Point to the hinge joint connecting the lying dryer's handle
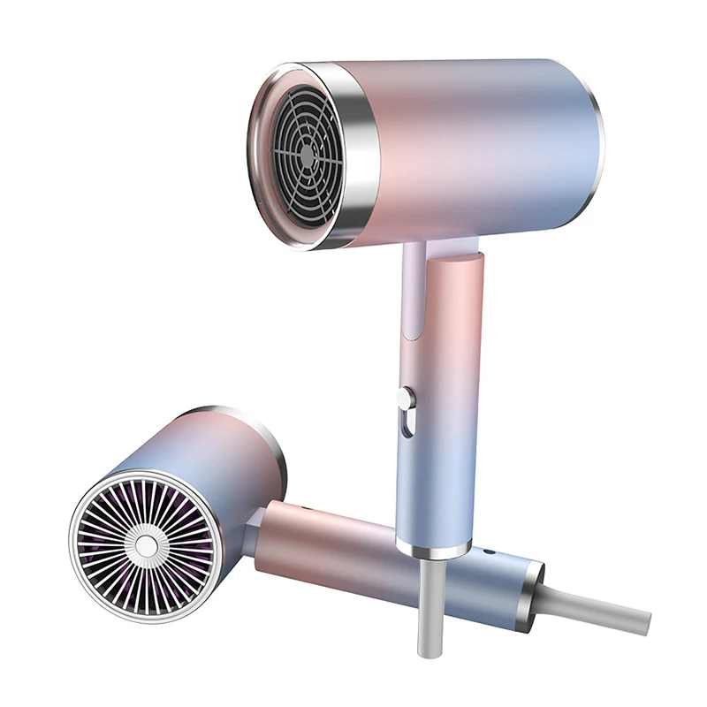252,535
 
